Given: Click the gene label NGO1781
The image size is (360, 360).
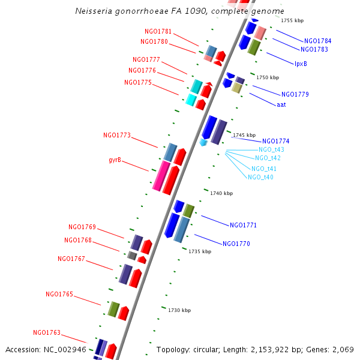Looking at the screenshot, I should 158,31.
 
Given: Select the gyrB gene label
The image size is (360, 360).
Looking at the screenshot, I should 115,160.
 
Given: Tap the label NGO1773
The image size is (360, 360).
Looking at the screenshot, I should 116,136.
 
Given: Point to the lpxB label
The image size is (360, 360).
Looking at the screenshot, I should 301,63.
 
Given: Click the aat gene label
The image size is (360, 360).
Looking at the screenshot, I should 281,104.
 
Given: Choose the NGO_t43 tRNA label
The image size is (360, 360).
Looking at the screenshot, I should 271,149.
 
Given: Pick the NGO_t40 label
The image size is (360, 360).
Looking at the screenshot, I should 260,177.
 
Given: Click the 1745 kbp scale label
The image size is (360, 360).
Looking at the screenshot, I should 244,135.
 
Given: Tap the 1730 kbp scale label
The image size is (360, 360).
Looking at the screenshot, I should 179,310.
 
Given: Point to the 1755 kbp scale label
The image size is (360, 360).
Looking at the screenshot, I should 292,20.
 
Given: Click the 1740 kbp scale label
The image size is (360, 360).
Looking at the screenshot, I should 221,193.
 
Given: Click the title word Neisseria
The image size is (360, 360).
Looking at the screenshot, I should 94,11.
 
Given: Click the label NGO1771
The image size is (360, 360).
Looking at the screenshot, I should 243,225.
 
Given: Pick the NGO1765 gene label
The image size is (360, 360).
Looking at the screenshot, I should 59,294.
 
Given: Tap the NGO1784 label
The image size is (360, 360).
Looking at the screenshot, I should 317,41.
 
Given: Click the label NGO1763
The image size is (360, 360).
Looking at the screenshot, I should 47,332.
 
